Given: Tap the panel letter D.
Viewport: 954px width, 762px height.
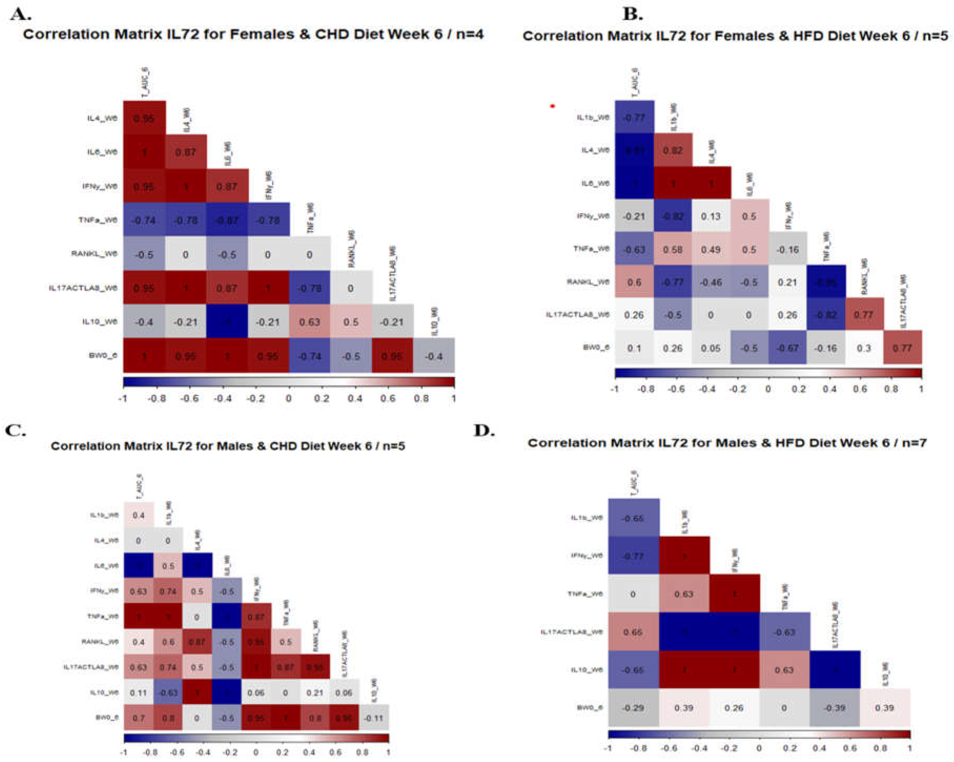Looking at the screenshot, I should [484, 430].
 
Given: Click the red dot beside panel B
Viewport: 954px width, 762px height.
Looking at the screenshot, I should [552, 106].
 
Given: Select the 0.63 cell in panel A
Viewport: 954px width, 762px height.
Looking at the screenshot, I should [309, 322].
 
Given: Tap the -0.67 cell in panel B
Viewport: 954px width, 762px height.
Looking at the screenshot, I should [788, 348].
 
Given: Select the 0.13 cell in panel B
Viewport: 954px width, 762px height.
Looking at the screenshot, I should [711, 216].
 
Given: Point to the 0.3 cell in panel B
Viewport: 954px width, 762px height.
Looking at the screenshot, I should [864, 348].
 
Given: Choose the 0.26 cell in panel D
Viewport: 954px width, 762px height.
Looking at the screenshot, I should [734, 708].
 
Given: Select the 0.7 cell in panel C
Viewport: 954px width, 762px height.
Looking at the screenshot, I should [138, 718].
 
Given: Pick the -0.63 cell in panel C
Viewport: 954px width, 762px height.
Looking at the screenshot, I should [168, 693].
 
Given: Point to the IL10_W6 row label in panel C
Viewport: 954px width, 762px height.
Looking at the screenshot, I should [105, 693].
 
